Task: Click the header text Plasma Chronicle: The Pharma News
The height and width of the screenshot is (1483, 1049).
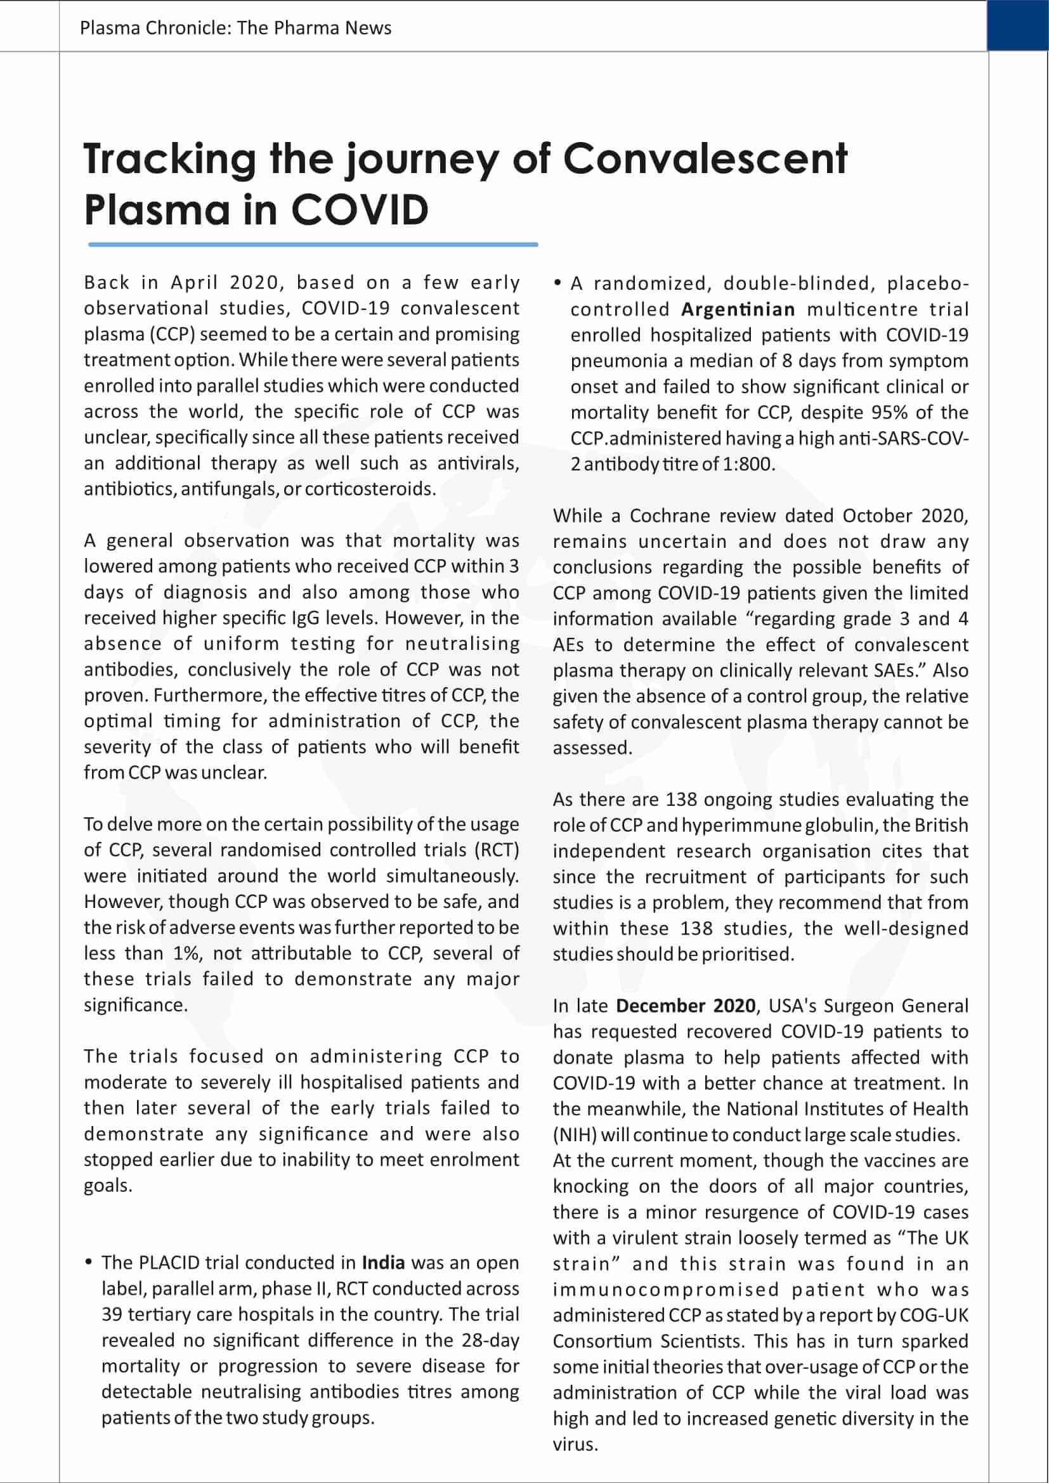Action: click(x=235, y=28)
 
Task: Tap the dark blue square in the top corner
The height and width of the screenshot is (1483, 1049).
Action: click(x=1017, y=25)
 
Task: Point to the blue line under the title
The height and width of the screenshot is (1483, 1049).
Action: click(x=313, y=245)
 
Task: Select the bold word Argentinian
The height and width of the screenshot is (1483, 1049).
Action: click(x=738, y=309)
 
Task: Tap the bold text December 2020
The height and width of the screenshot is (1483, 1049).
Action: click(x=686, y=1006)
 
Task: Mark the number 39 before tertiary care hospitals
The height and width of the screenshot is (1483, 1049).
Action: click(x=112, y=1314)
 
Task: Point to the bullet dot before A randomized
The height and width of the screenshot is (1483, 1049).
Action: click(x=557, y=283)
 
